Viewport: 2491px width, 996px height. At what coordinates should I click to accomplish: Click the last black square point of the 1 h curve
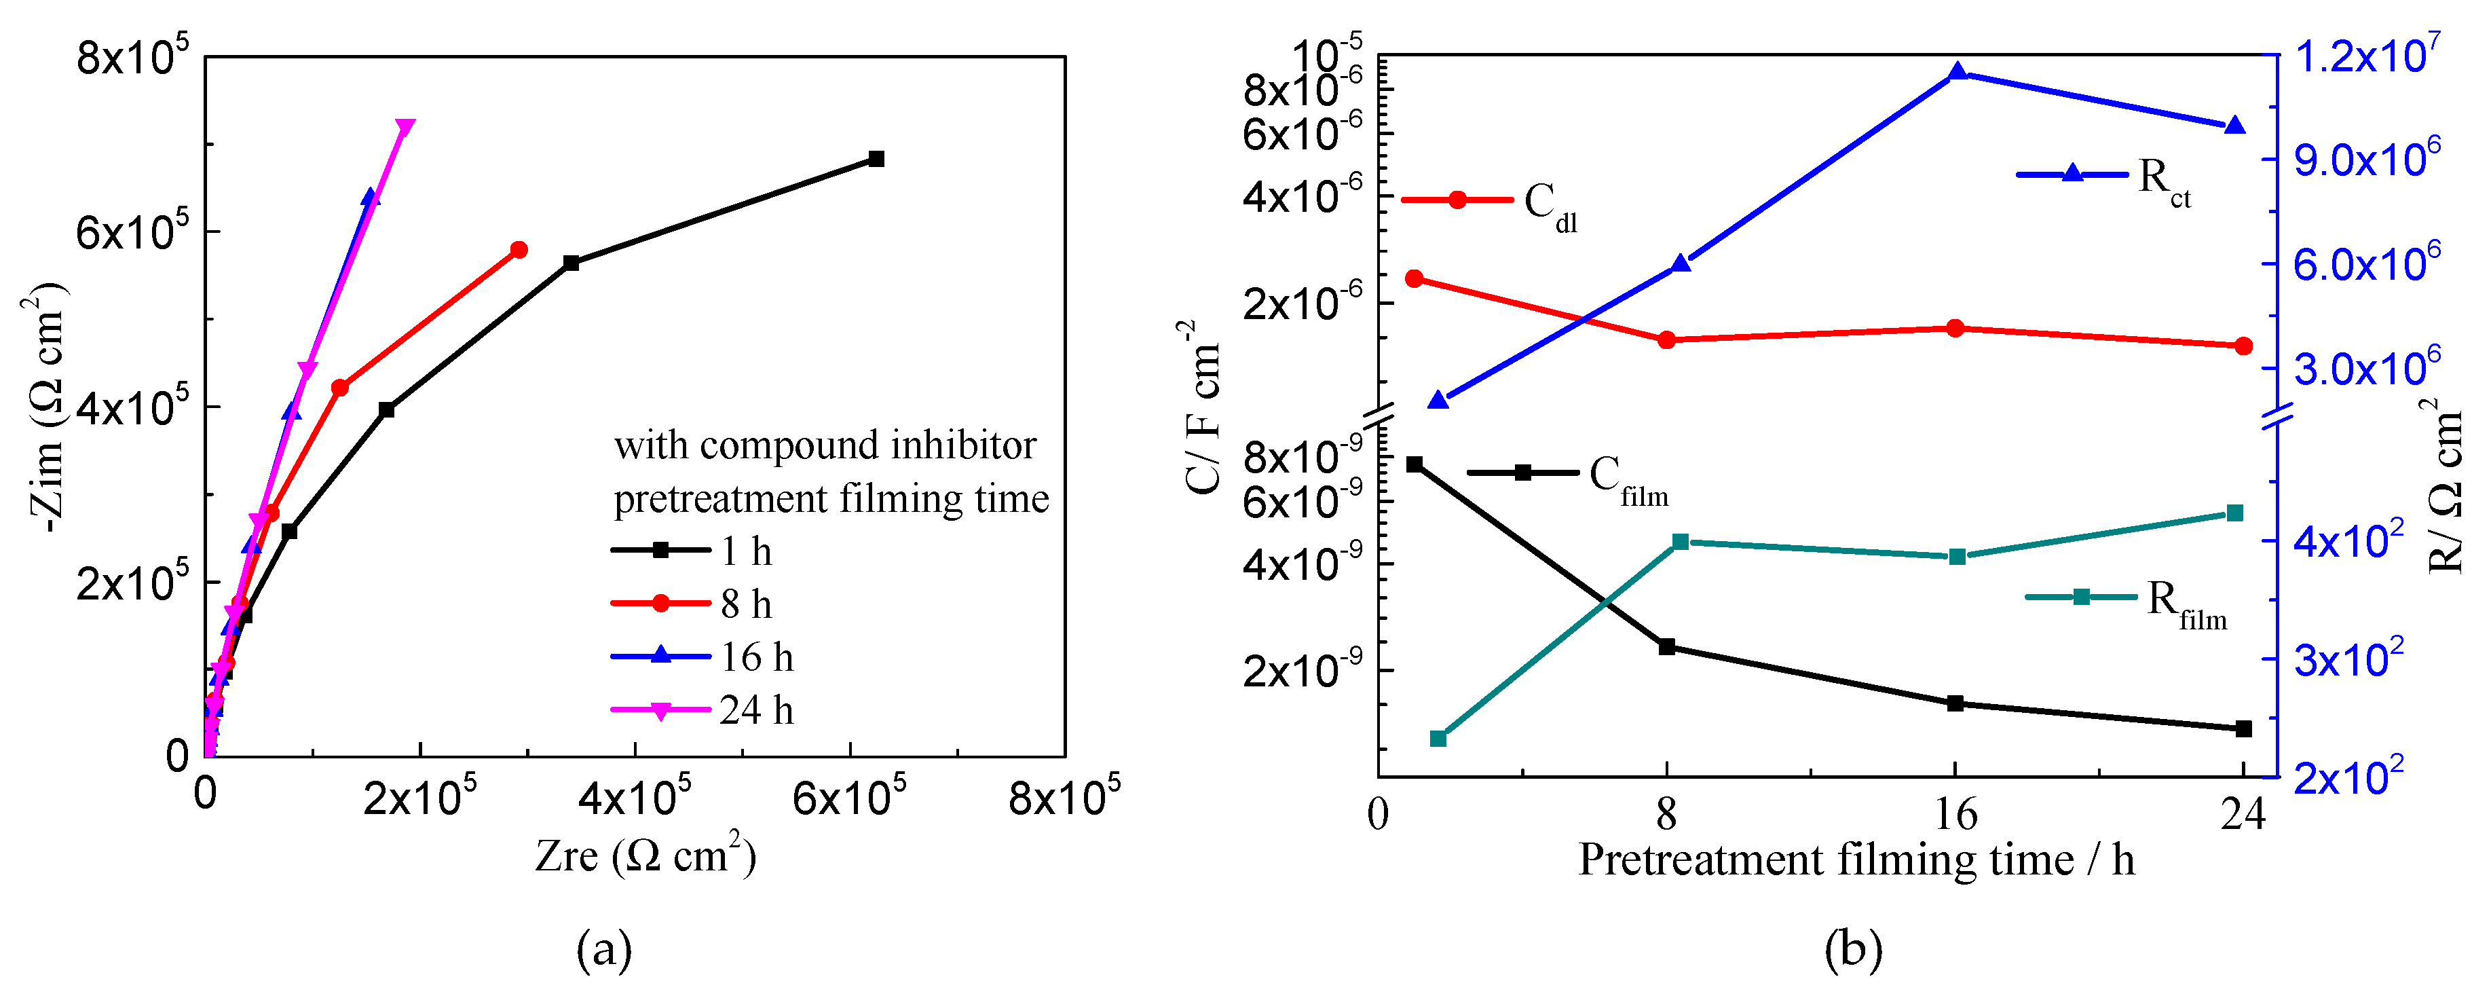876,159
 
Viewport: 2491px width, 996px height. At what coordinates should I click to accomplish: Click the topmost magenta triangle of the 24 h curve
405,128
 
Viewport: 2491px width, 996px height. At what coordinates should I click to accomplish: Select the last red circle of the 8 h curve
519,249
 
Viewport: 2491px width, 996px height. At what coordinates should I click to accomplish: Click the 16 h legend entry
756,658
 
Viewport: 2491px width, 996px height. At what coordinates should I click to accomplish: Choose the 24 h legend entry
756,711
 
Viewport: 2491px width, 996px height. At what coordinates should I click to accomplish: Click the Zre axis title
645,855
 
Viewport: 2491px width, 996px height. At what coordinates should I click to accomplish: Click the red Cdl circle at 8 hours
1666,339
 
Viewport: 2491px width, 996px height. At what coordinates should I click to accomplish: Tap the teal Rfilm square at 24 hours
2234,513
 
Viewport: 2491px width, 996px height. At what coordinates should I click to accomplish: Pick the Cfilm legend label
1628,478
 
